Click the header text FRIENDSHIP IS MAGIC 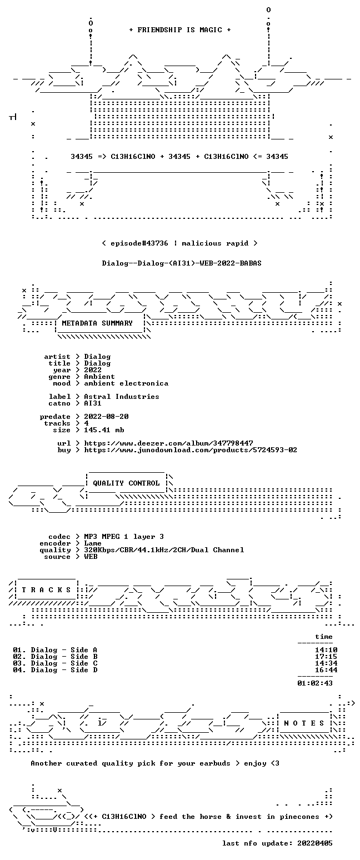(x=180, y=30)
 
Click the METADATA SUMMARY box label (x=97, y=323)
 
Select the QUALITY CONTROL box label (x=126, y=483)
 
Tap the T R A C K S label (x=46, y=590)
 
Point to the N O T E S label (x=304, y=723)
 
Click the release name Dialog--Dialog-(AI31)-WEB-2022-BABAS (x=182, y=263)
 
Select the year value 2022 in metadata (x=93, y=370)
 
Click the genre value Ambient (x=99, y=377)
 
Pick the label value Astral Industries (x=122, y=397)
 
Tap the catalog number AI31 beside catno (x=93, y=403)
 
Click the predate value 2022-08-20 (x=106, y=417)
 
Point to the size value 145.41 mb (x=104, y=430)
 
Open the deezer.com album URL (x=168, y=443)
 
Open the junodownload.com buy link (x=191, y=450)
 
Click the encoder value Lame (x=93, y=543)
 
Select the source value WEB (x=91, y=557)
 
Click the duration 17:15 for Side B (x=326, y=657)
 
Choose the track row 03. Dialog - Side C (x=55, y=663)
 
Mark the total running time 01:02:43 (x=315, y=683)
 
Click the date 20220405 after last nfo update (x=315, y=843)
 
